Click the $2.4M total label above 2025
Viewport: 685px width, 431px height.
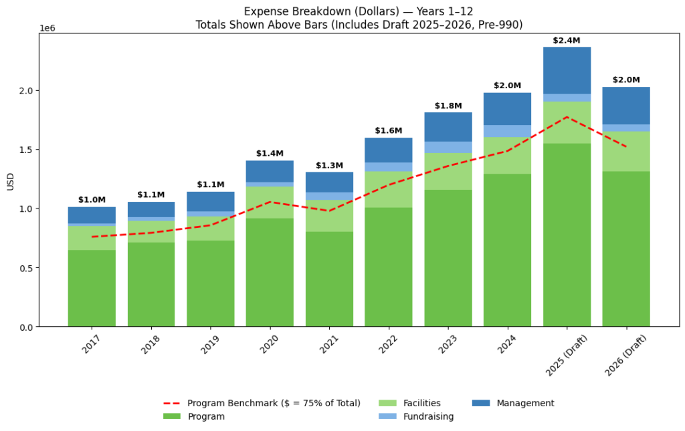pos(567,41)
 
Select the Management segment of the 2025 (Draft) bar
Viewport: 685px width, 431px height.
pos(567,70)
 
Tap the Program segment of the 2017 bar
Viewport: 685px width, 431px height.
pos(92,288)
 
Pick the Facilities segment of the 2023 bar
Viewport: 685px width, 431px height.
pos(448,171)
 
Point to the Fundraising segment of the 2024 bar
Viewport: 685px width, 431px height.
pos(507,131)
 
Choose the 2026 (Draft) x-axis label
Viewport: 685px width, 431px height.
pos(626,354)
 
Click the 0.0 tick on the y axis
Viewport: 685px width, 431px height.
pos(27,327)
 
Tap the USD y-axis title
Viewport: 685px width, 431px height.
pos(10,180)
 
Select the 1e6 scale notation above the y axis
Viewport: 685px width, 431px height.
pos(47,28)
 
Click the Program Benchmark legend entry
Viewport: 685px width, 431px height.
pos(262,403)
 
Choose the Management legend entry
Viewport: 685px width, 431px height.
pos(513,403)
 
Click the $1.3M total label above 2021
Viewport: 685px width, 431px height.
pos(329,166)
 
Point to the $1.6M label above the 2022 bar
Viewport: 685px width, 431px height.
pos(389,131)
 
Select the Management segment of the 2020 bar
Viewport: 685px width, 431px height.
pos(270,171)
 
